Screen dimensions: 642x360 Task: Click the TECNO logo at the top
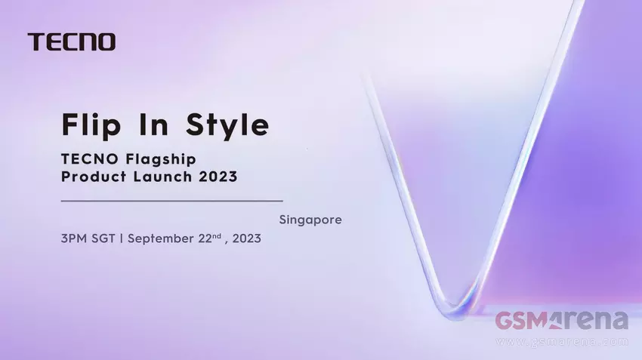(72, 42)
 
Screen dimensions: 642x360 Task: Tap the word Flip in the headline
(91, 125)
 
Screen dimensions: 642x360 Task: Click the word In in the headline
(153, 124)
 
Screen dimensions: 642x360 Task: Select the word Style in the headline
(227, 125)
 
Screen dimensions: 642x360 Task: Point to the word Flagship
(161, 159)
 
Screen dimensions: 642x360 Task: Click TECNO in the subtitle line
(90, 158)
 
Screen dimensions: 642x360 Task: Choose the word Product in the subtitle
(94, 177)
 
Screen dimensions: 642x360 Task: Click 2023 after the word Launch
(218, 177)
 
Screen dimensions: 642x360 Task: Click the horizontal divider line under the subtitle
(172, 201)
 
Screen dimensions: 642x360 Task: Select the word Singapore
(310, 220)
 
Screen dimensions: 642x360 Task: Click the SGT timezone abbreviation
(103, 238)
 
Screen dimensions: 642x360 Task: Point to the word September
(161, 239)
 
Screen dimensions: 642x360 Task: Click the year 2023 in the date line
(246, 238)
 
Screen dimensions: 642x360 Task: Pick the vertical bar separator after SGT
(122, 238)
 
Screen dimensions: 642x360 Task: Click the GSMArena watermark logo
(561, 321)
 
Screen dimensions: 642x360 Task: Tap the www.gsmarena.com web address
(562, 342)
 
